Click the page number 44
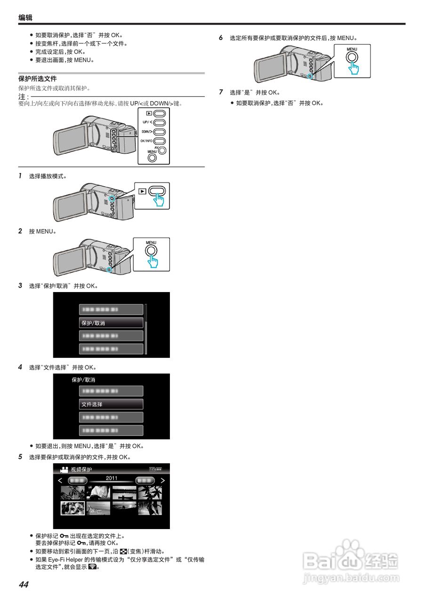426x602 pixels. pyautogui.click(x=24, y=585)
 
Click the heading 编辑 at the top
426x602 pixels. pyautogui.click(x=25, y=18)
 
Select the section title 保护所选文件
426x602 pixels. pyautogui.click(x=37, y=79)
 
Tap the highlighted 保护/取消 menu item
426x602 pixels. pyautogui.click(x=111, y=323)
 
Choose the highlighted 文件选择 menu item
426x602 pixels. pyautogui.click(x=111, y=404)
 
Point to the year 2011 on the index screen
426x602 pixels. pyautogui.click(x=112, y=478)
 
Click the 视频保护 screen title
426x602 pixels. pyautogui.click(x=81, y=470)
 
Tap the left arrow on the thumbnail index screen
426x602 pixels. pyautogui.click(x=60, y=481)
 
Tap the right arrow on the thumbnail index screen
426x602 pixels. pyautogui.click(x=162, y=481)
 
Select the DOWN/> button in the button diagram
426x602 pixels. pyautogui.click(x=160, y=132)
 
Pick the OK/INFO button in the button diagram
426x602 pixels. pyautogui.click(x=160, y=141)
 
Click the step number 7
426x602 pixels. pyautogui.click(x=221, y=92)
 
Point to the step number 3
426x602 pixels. pyautogui.click(x=20, y=285)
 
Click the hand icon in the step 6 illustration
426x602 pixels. pyautogui.click(x=353, y=67)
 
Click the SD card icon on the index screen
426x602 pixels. pyautogui.click(x=152, y=469)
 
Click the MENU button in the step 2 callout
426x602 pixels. pyautogui.click(x=151, y=250)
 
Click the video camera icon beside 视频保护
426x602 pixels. pyautogui.click(x=64, y=470)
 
